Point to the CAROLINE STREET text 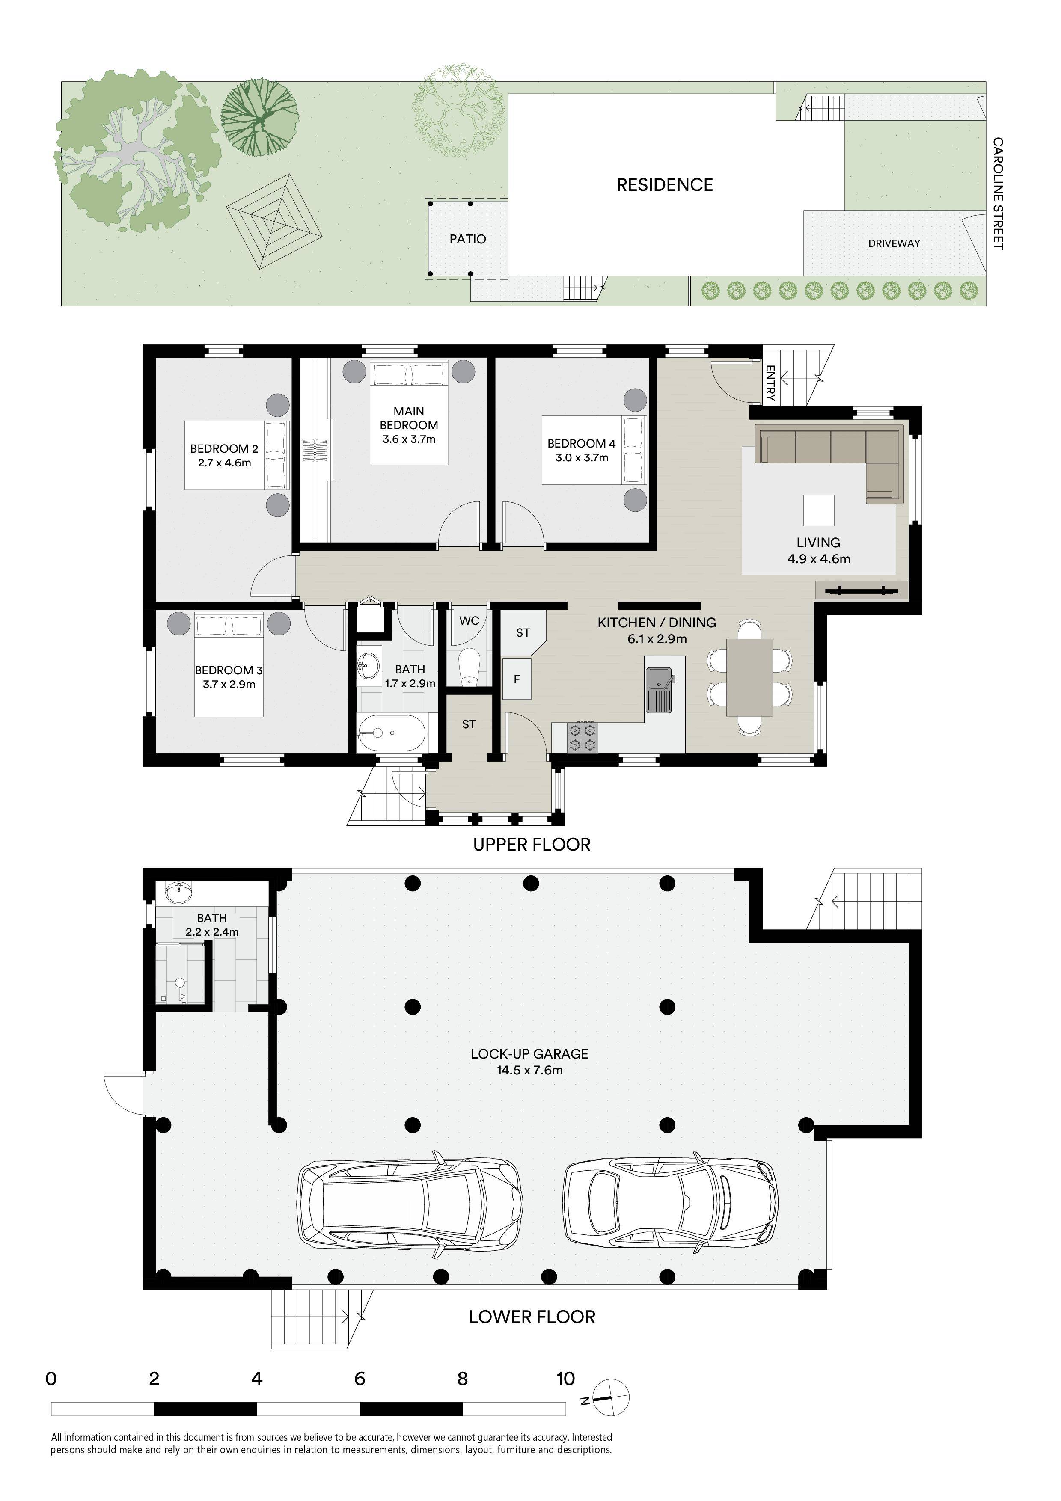point(998,193)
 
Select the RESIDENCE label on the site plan point(664,184)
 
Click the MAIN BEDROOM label point(409,418)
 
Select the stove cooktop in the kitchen point(583,737)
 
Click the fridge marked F point(517,679)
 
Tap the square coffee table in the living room point(818,510)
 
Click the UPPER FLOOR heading point(532,845)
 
